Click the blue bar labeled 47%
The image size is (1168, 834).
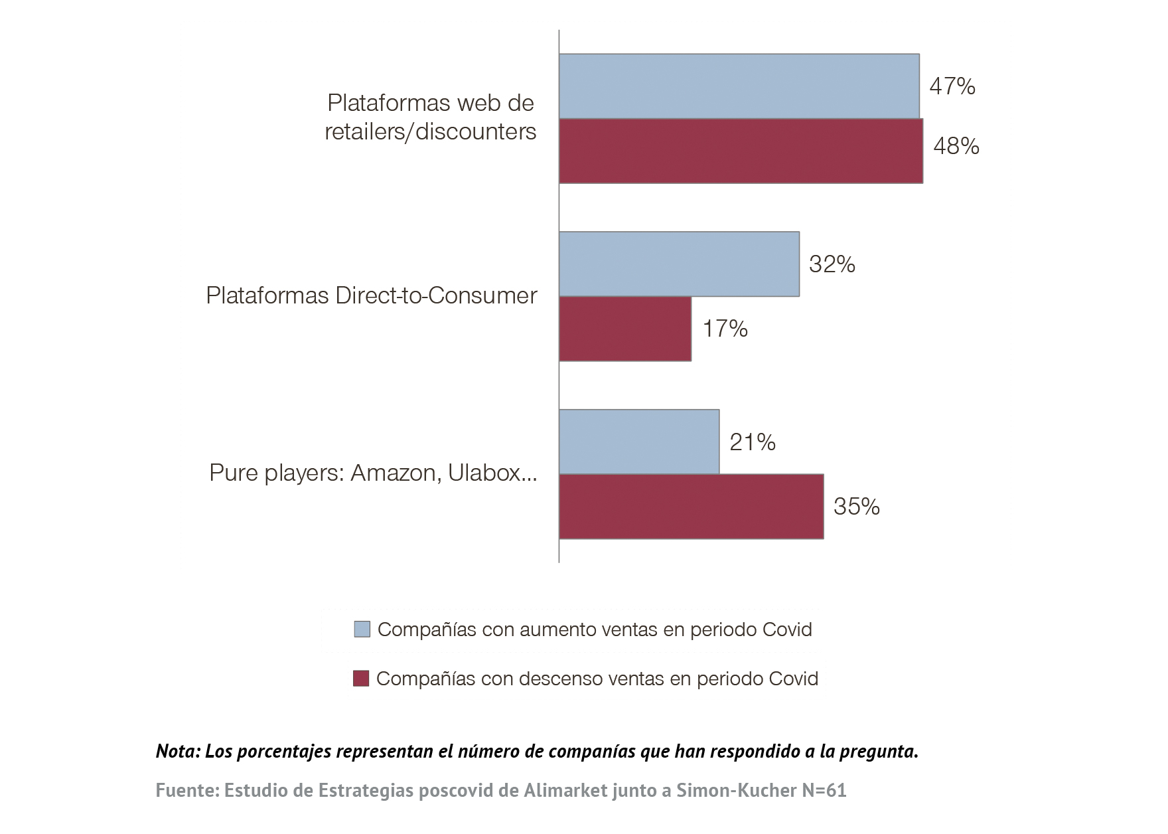[739, 86]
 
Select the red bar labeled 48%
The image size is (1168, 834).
[741, 151]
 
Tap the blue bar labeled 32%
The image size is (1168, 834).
[679, 264]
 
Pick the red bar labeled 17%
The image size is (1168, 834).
[624, 329]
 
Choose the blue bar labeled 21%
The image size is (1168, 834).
[638, 442]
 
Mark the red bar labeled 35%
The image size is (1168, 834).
[691, 506]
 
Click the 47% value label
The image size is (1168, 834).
[952, 86]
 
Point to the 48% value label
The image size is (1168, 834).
[956, 146]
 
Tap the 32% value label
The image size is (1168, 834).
[832, 264]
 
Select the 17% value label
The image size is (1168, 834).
[725, 329]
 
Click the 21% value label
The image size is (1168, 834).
[752, 442]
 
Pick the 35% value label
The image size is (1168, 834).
[856, 507]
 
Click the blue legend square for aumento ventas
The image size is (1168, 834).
[362, 629]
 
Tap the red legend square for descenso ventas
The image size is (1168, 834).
[361, 679]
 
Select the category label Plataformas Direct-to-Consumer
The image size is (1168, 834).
[371, 295]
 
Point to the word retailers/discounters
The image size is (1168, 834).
[430, 131]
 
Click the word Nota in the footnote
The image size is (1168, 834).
[177, 751]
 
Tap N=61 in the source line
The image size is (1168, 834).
[824, 790]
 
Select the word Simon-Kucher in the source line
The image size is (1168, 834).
[736, 790]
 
